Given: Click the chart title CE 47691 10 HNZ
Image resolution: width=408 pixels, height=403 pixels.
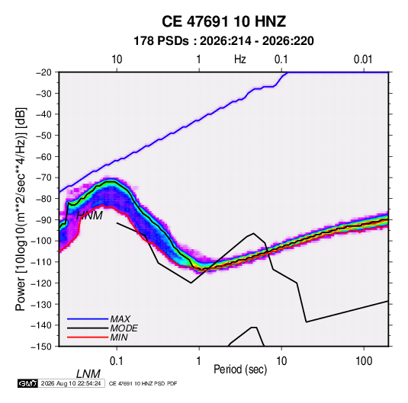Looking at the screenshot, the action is click(223, 21).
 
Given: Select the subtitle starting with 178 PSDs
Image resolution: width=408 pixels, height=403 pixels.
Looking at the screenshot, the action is click(223, 41).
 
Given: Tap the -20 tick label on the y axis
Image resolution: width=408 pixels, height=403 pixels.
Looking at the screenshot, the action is click(43, 72).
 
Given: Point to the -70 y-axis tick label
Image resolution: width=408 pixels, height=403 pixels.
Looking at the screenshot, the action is click(43, 178).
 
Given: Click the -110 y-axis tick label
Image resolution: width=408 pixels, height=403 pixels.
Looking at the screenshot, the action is click(41, 262).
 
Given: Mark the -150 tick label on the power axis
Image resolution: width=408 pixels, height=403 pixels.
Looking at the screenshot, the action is click(41, 347).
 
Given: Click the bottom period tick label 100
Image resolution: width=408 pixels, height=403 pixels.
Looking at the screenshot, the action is click(364, 361).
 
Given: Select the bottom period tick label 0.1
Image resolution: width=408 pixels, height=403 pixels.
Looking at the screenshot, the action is click(117, 361).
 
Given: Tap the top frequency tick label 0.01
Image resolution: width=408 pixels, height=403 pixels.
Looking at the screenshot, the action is click(363, 59).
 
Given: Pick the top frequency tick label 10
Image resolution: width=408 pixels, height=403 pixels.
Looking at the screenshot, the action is click(117, 59).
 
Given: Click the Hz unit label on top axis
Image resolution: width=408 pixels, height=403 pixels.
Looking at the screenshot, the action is click(240, 59).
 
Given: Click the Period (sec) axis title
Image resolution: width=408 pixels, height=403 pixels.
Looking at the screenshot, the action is click(240, 369).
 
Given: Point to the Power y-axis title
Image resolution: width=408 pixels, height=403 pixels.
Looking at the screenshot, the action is click(21, 209).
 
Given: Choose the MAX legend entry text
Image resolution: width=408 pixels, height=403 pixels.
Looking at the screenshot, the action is click(120, 319).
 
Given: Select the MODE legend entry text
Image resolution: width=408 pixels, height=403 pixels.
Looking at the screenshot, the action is click(124, 328).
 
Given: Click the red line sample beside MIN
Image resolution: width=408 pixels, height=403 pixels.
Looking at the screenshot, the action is click(88, 337).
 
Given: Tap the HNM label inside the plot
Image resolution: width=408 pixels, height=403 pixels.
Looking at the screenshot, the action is click(89, 216).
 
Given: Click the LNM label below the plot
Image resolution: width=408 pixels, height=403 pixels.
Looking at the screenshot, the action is click(88, 374).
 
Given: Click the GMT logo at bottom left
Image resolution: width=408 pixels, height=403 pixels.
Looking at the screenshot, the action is click(28, 383).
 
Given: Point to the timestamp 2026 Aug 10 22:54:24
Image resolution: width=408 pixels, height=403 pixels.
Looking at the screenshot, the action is click(71, 383).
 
